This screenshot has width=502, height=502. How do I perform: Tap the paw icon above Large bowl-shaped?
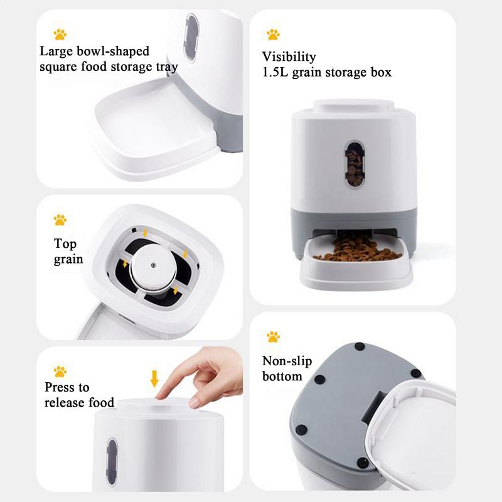coord(60,35)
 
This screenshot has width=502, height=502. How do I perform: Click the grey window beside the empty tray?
coord(191,38)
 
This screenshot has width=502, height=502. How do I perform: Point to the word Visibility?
coord(289,56)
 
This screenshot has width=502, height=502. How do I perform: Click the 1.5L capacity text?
coord(275,72)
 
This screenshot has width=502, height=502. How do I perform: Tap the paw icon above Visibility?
coord(273,35)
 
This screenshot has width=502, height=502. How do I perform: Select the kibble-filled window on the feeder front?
coord(355,164)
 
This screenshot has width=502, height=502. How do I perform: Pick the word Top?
coord(65,244)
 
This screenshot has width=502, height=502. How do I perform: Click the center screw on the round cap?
coord(153,265)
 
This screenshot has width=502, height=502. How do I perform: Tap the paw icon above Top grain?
coord(60,220)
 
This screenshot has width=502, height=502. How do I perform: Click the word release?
coord(65,403)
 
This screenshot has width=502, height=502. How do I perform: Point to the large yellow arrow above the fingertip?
coord(154,379)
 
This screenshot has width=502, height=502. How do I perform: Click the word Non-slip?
coord(287,361)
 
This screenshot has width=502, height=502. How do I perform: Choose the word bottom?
coord(282,376)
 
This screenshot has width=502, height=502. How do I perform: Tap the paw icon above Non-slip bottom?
coord(273,337)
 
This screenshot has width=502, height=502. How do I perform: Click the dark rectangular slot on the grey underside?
coord(373,406)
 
